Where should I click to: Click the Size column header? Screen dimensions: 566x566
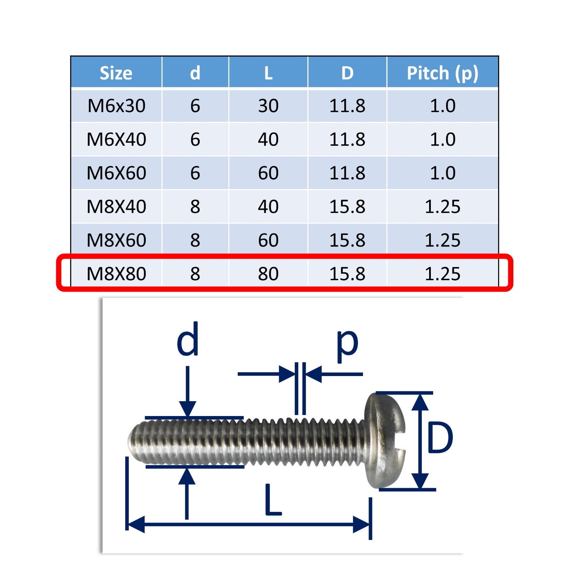(x=116, y=73)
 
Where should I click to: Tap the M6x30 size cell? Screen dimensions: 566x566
(x=116, y=106)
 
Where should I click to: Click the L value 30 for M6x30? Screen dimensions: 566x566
(x=268, y=106)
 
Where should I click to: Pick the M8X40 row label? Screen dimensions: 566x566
(x=116, y=207)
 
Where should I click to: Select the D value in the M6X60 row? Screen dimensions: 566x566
(x=347, y=173)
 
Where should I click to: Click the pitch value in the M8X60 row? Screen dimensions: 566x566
(x=443, y=240)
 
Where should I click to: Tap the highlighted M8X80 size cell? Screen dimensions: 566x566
(x=116, y=274)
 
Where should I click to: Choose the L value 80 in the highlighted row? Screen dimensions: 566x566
(x=268, y=274)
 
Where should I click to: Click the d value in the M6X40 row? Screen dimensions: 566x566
(x=195, y=139)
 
